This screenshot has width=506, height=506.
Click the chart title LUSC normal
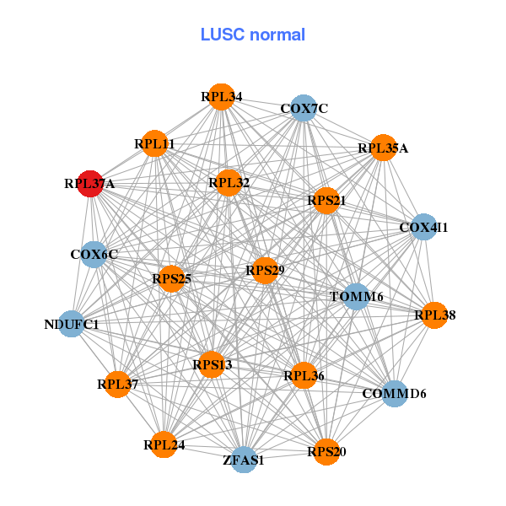click(x=252, y=35)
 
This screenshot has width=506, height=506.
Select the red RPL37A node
click(x=90, y=183)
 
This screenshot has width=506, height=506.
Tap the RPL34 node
click(x=221, y=97)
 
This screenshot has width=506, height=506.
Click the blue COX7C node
click(x=304, y=108)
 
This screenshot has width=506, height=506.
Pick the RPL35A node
click(x=383, y=148)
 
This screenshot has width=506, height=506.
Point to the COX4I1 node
click(x=423, y=227)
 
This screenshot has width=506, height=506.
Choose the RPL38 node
click(x=434, y=315)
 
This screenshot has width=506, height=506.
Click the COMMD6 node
click(x=395, y=393)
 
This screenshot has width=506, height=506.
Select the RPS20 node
click(x=326, y=451)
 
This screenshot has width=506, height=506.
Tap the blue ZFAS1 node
click(x=244, y=460)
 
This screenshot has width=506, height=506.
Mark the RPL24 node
click(x=164, y=444)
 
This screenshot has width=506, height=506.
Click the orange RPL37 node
click(x=117, y=384)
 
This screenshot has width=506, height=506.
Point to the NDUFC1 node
click(x=72, y=324)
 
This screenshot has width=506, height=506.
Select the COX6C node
click(x=94, y=254)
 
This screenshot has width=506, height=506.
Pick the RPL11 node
click(x=154, y=144)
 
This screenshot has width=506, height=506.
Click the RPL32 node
click(x=229, y=182)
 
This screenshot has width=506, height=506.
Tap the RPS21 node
click(x=326, y=201)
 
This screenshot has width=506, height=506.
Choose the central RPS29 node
click(x=265, y=270)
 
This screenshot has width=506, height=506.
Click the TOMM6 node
click(x=357, y=296)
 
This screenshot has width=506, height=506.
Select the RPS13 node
click(x=212, y=364)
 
